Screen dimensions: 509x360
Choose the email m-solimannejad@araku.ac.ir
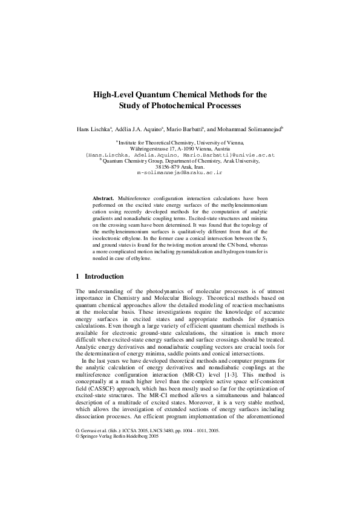coord(180,172)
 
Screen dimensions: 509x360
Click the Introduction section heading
coord(104,276)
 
